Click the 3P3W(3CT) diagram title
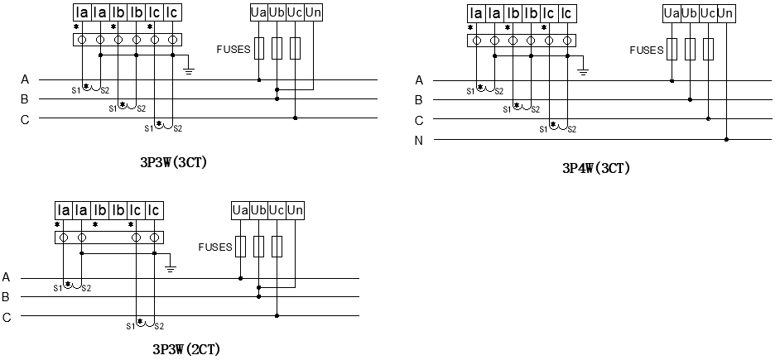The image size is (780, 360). [174, 163]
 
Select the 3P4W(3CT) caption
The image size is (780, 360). [596, 168]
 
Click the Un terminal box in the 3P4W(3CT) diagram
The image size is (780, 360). [726, 13]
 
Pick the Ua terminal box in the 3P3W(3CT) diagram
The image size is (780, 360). [259, 13]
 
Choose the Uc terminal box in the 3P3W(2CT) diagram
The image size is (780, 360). [277, 210]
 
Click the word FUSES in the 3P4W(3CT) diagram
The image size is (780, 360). [647, 50]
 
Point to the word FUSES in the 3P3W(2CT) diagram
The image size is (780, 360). [215, 247]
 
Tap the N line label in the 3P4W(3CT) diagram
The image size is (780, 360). [419, 140]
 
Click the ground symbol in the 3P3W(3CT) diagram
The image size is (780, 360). [189, 71]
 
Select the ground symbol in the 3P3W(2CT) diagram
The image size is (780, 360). [171, 267]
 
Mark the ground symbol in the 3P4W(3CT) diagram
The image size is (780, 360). [584, 71]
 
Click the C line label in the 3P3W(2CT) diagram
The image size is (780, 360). [7, 316]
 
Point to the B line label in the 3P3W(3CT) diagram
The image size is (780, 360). [25, 99]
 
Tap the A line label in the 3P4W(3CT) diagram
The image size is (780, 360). [419, 80]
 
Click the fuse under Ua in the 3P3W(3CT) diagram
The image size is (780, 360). [259, 49]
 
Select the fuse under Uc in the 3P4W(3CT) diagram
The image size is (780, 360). [708, 49]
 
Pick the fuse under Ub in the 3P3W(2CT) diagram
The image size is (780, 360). [259, 246]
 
